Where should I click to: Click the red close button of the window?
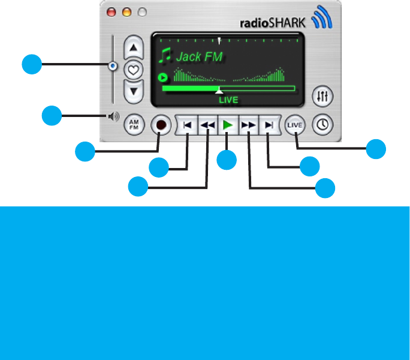[111, 11]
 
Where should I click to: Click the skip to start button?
[188, 125]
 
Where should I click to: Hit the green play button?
[228, 125]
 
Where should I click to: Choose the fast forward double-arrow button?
[248, 125]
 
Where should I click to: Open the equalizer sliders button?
[322, 97]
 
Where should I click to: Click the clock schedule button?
[322, 125]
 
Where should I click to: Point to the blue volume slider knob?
[112, 66]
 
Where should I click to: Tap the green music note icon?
[164, 57]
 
